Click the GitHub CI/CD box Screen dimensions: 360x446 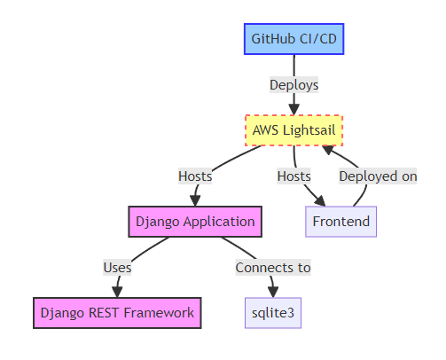pos(293,39)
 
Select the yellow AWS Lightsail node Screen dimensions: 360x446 pos(293,131)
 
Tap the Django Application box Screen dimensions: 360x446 pos(194,221)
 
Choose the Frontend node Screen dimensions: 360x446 pos(340,221)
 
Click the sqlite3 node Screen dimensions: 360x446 pos(272,312)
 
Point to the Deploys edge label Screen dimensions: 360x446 pos(293,85)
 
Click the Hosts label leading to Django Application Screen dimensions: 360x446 pos(194,176)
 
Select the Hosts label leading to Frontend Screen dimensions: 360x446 pos(293,176)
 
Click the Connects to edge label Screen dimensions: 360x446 pos(272,267)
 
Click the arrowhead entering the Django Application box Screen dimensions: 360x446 pos(194,200)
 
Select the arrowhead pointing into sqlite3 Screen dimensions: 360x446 pos(272,291)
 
